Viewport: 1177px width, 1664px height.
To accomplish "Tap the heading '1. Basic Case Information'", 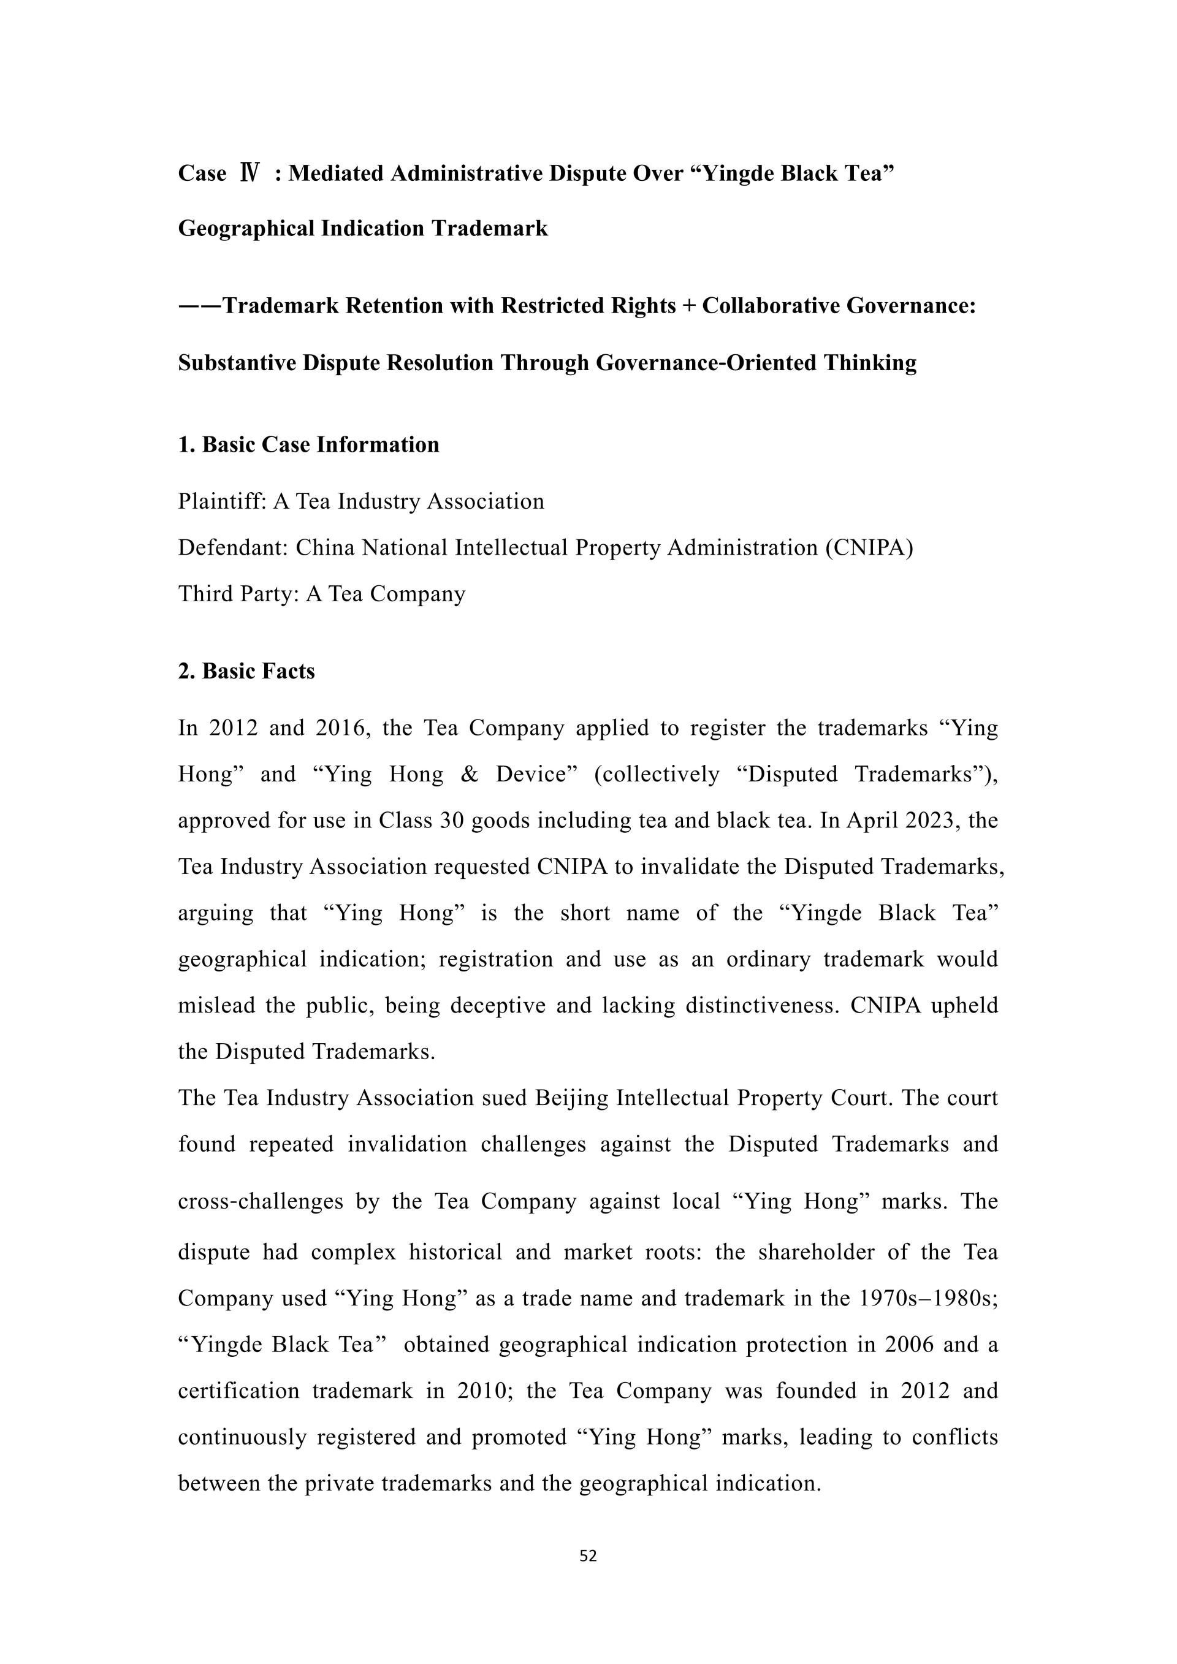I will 309,444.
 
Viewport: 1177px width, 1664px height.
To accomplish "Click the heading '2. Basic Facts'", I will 246,671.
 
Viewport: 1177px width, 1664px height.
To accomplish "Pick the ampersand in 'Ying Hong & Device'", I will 469,775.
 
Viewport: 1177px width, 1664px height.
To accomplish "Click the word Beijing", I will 572,1098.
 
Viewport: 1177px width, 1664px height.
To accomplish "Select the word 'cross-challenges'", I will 260,1202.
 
